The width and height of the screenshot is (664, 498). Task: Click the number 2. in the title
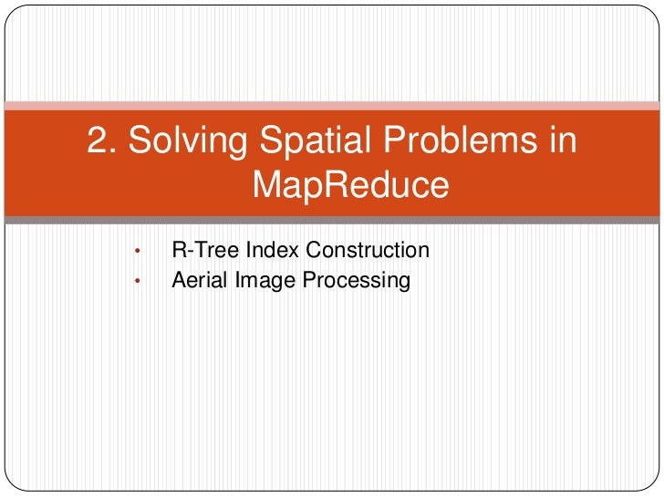pyautogui.click(x=101, y=140)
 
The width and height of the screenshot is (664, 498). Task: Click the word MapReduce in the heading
pyautogui.click(x=350, y=186)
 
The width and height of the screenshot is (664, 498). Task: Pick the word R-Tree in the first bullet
pyautogui.click(x=200, y=250)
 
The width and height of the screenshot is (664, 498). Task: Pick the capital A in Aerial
pyautogui.click(x=179, y=280)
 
